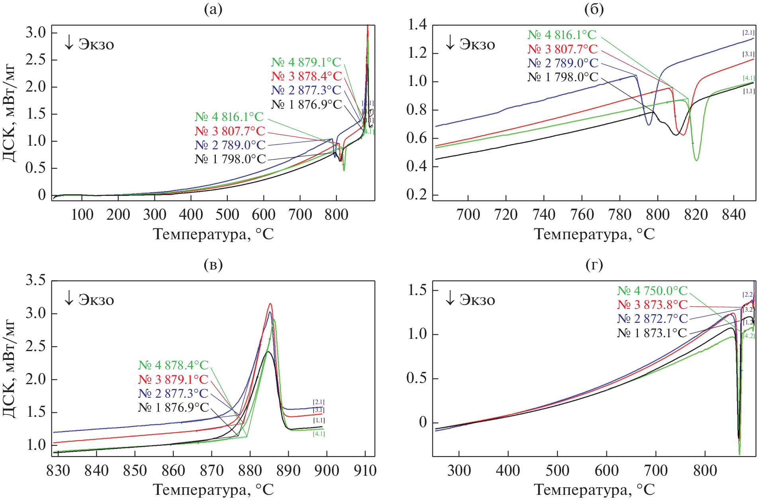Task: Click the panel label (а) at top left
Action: point(213,9)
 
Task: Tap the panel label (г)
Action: point(594,264)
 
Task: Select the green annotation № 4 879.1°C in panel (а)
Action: point(306,62)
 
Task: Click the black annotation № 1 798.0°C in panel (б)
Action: point(563,77)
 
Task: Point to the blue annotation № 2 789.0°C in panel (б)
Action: point(563,63)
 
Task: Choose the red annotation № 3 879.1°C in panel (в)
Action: point(173,379)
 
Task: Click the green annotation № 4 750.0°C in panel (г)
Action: point(652,291)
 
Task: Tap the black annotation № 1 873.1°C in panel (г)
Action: point(652,333)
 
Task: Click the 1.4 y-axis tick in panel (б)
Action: point(417,25)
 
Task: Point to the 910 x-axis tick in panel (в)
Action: point(365,471)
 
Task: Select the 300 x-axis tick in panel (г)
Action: point(459,471)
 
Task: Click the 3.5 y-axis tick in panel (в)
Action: point(36,281)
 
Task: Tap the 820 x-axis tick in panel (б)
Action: point(696,215)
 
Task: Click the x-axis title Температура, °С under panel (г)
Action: point(594,490)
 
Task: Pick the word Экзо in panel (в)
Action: point(96,300)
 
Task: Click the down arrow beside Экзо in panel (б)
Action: point(450,43)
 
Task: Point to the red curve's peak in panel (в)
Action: point(270,304)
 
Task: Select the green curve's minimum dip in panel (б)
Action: point(696,160)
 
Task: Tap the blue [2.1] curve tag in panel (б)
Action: point(748,33)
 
